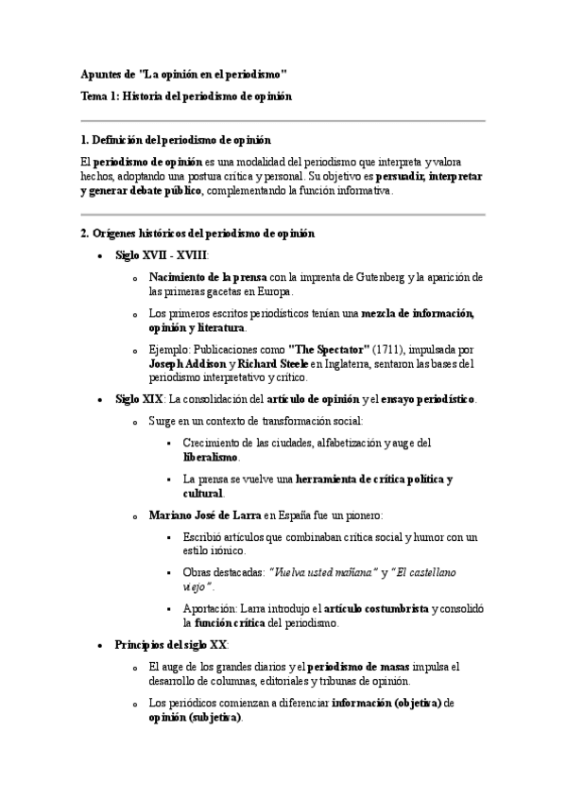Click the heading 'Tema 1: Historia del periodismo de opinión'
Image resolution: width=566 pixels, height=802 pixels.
pyautogui.click(x=186, y=96)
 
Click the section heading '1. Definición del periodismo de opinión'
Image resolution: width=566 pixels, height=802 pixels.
pyautogui.click(x=176, y=140)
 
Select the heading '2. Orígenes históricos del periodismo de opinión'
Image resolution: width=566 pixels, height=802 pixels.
pyautogui.click(x=197, y=233)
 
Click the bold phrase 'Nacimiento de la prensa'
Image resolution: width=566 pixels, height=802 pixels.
pyautogui.click(x=208, y=277)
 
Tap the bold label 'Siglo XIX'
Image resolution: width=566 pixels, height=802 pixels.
pyautogui.click(x=140, y=399)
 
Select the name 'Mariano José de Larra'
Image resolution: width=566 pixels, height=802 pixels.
pyautogui.click(x=205, y=515)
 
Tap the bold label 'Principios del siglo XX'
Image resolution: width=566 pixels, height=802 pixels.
pyautogui.click(x=171, y=645)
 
